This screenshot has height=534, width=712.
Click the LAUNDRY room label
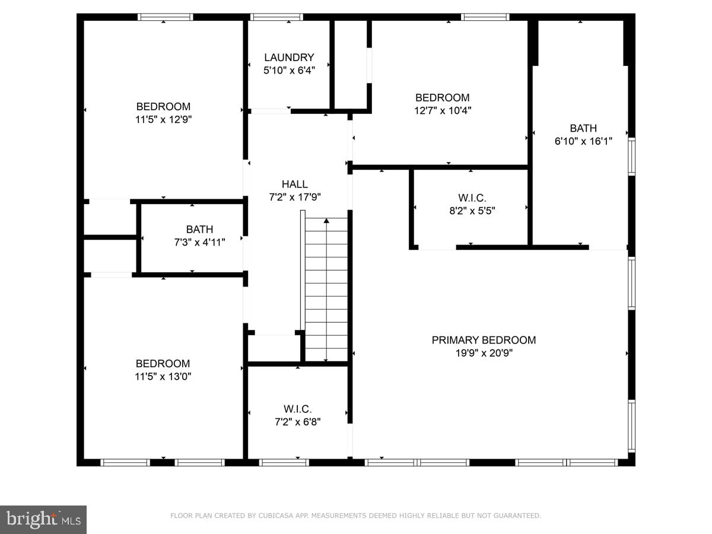(x=289, y=58)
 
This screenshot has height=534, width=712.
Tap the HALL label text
(x=295, y=185)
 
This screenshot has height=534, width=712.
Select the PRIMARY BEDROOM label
(x=484, y=340)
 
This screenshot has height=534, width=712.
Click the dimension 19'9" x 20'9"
(x=484, y=353)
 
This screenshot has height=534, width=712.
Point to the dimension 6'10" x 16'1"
(x=583, y=141)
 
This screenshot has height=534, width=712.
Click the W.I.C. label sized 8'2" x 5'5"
(x=472, y=198)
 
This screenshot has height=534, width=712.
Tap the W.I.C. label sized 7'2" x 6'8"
(x=297, y=409)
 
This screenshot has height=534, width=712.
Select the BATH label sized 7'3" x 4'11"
(x=199, y=229)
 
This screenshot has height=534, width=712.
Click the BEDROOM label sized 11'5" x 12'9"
(x=163, y=107)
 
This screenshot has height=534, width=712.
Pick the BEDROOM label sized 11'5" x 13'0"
(x=163, y=364)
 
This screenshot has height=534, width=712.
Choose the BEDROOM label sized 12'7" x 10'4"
(x=442, y=98)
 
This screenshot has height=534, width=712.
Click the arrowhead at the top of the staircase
(x=326, y=221)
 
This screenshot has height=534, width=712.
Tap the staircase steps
(x=326, y=291)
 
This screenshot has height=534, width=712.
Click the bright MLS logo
(x=43, y=520)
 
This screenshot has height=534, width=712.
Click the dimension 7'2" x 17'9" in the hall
(x=295, y=198)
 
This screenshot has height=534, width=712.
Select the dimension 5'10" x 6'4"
(x=289, y=70)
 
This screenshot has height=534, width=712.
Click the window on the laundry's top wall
(x=276, y=17)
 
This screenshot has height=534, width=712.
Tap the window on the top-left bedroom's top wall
(x=166, y=17)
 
